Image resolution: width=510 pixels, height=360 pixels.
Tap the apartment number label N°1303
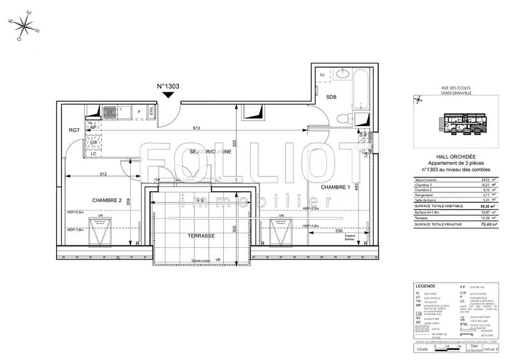(168, 86)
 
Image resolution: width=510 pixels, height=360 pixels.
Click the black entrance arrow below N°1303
(168, 96)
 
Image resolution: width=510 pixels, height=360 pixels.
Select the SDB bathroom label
(331, 97)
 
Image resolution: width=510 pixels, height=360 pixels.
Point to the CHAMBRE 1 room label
(335, 187)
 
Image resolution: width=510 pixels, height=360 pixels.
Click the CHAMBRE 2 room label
(106, 200)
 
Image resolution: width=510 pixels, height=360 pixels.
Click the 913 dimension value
(197, 129)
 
